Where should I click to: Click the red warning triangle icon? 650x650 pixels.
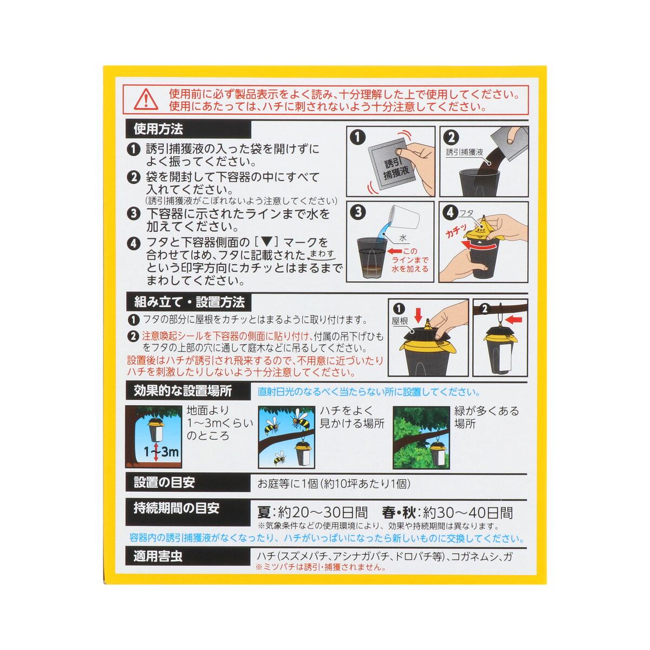pos(146,99)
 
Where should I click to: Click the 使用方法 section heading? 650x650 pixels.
pos(158,129)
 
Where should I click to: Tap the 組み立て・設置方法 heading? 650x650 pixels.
pos(189,302)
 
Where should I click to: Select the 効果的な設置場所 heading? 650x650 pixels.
pos(183,391)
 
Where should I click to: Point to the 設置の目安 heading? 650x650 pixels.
pos(164,483)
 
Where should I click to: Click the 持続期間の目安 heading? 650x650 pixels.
pos(177,508)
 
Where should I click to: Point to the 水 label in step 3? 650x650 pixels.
pos(403,238)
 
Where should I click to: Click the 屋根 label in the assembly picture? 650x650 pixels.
pos(400,321)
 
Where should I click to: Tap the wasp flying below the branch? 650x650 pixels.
pos(279,458)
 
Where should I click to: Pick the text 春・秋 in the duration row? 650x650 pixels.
pos(399,513)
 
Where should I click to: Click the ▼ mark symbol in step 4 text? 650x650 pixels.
pos(267,242)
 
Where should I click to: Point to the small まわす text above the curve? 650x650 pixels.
pos(322,253)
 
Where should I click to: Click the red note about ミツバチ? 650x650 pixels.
pos(321,567)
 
